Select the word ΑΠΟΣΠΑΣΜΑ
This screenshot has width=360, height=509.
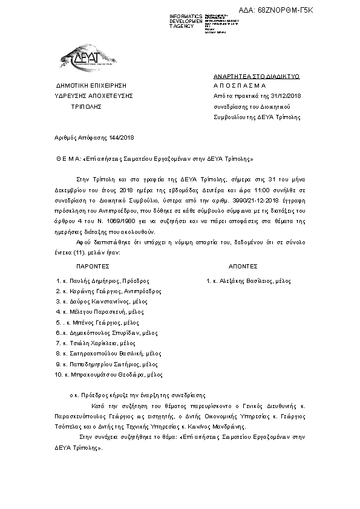(240, 86)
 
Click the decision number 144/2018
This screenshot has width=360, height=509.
(120, 138)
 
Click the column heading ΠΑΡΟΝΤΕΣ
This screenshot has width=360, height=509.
(93, 265)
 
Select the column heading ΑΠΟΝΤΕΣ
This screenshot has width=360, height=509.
(243, 265)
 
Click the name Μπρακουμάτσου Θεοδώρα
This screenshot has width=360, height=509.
(113, 375)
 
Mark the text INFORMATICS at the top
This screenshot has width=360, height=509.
(186, 16)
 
